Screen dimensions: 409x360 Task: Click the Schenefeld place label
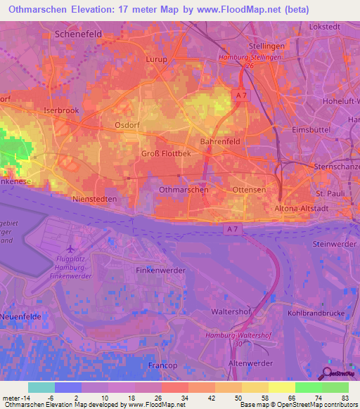(79, 34)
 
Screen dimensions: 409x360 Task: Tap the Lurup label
(156, 60)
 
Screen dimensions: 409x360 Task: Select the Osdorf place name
(129, 125)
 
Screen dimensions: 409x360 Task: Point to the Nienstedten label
(94, 200)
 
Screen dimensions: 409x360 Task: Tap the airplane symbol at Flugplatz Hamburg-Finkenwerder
(69, 249)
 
